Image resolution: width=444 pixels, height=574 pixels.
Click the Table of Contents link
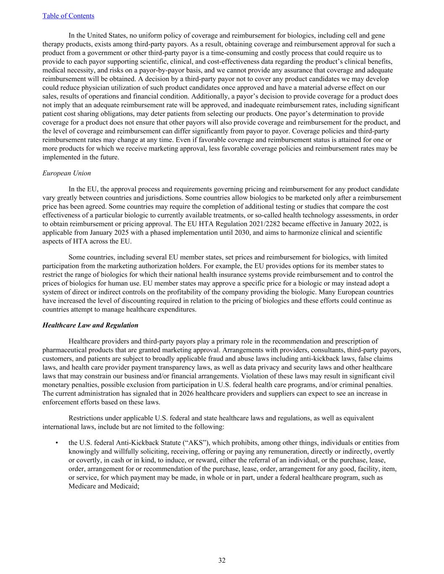tap(68, 16)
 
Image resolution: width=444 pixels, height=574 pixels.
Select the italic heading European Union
tap(66, 173)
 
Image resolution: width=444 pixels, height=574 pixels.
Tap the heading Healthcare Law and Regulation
tap(90, 325)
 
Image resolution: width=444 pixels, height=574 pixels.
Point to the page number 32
tap(222, 560)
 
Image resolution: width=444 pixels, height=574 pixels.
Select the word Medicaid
tap(124, 487)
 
